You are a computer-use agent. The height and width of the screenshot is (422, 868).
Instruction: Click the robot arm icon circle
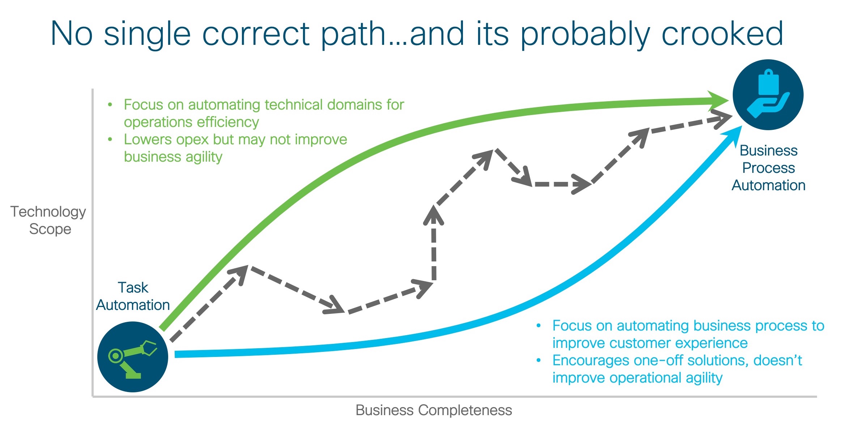pos(133,357)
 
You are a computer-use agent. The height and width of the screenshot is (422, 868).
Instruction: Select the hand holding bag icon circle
pos(768,95)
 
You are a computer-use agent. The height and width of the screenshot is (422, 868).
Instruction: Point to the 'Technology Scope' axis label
pos(48,220)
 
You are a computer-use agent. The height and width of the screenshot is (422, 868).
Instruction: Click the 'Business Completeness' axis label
pos(434,410)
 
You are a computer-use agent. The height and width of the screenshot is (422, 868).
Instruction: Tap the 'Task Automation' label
pos(133,296)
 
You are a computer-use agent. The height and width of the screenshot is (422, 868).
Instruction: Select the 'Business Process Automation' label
pos(768,168)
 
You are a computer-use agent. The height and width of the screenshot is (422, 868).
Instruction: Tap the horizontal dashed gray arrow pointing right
pos(561,184)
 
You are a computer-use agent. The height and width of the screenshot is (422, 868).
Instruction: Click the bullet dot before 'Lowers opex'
pos(110,140)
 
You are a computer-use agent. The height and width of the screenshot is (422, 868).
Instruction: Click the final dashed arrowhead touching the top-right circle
pos(722,119)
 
